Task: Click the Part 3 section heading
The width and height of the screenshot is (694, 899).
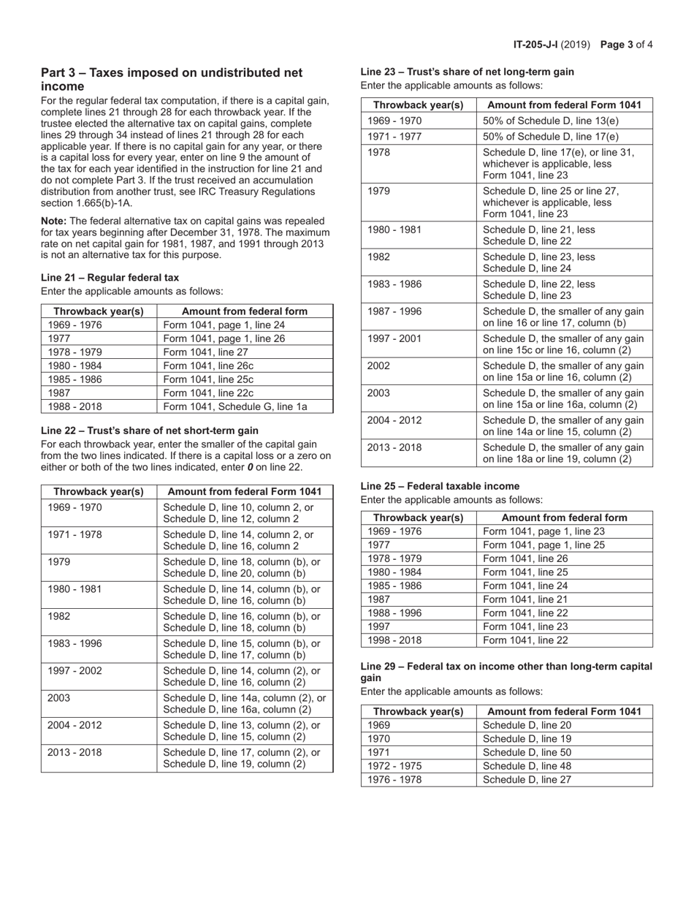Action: coord(172,79)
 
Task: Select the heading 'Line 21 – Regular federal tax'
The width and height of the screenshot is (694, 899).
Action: coord(110,277)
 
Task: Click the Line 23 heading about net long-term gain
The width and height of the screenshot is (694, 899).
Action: coord(467,72)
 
